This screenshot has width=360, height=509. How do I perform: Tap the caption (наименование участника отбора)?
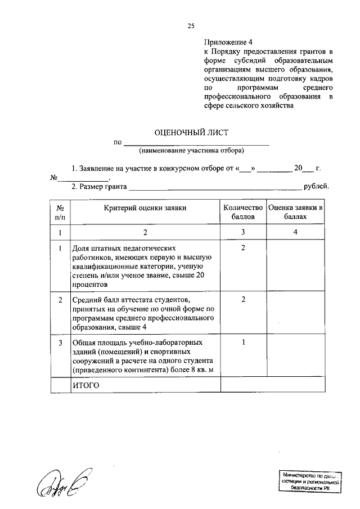[x=191, y=151]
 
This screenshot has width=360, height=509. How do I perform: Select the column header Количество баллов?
[x=243, y=212]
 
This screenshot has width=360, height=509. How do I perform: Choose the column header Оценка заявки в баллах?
[x=295, y=212]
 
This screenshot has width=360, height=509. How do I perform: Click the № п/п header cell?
[x=60, y=212]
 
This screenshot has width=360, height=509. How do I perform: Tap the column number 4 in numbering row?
[x=295, y=232]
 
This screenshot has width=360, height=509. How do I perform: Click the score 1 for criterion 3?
[x=243, y=342]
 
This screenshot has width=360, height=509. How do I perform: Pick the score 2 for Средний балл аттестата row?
[x=243, y=299]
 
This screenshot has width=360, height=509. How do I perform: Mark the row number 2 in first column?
[x=60, y=299]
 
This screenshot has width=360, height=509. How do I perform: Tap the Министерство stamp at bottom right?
[x=310, y=483]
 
